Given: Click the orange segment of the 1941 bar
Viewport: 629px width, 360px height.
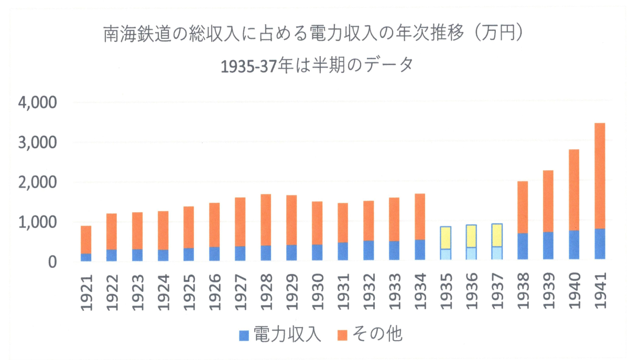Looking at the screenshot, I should (600, 176).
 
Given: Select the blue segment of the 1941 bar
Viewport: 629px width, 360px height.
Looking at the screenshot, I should (600, 244).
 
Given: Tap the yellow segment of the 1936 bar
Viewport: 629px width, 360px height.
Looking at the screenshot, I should (471, 236).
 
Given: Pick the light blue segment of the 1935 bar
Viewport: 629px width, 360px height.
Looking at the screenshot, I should (446, 254).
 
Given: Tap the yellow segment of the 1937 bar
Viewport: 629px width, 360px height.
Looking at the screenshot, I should (497, 235).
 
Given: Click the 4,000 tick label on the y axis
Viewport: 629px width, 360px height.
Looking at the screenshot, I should (38, 103).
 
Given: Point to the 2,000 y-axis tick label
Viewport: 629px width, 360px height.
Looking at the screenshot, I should (38, 183).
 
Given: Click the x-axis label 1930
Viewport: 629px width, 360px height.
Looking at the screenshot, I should (317, 291).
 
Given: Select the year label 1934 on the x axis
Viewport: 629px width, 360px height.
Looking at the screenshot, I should (420, 291).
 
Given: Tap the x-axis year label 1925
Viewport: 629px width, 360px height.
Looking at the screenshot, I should (189, 291).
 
